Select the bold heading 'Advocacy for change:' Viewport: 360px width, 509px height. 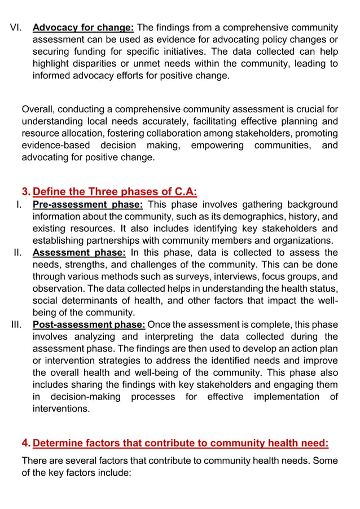83,27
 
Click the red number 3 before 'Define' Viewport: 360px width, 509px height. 26,191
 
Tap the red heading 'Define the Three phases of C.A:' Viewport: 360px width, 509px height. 115,191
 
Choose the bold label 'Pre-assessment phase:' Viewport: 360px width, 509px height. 87,204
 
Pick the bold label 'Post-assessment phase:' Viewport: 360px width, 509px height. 89,324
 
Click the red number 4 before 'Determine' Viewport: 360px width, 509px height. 26,443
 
